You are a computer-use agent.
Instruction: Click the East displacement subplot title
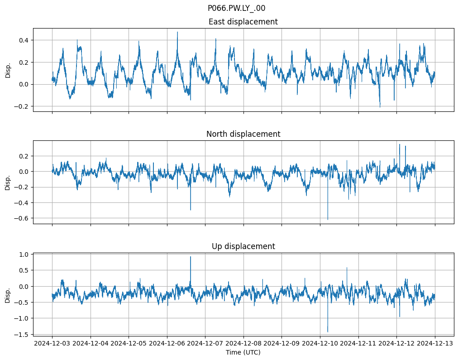[x=243, y=22]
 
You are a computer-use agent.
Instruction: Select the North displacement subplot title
[x=243, y=134]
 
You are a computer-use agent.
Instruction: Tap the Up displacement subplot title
[x=243, y=246]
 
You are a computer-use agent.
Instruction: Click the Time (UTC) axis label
[x=243, y=352]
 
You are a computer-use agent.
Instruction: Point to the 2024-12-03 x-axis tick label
[x=52, y=344]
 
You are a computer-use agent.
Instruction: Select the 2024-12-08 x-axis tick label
[x=243, y=344]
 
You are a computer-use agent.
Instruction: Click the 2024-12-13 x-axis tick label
[x=435, y=344]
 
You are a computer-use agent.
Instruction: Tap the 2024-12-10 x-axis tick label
[x=320, y=344]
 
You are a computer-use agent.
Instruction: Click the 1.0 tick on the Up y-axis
[x=22, y=254]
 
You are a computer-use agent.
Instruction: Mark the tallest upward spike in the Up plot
[x=191, y=257]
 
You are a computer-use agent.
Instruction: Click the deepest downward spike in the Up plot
[x=328, y=332]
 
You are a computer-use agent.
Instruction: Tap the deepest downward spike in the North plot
[x=328, y=220]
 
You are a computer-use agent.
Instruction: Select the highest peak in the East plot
[x=177, y=32]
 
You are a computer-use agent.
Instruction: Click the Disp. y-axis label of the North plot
[x=8, y=182]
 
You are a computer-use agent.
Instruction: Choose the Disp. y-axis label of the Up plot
[x=8, y=294]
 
